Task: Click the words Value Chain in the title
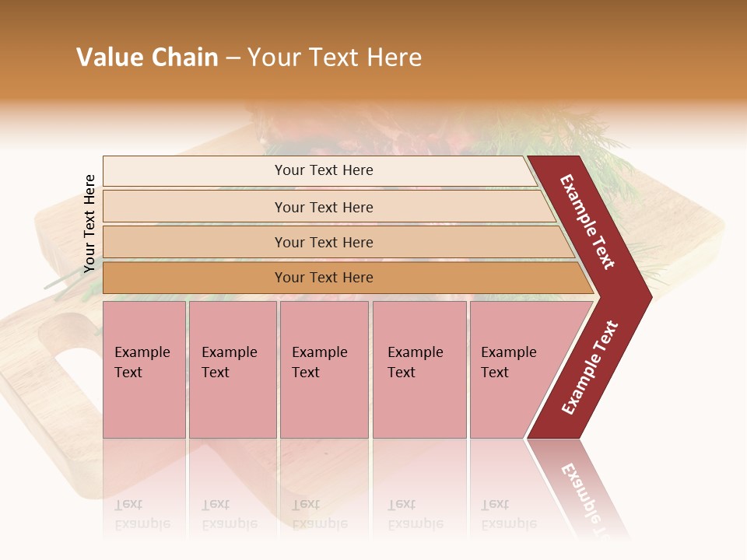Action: (x=147, y=58)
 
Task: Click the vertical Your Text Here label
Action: (x=89, y=223)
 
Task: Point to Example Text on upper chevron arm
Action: (x=587, y=222)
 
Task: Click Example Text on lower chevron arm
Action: (x=590, y=367)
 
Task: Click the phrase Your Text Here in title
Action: (x=335, y=58)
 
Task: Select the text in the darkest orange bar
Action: (x=324, y=278)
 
